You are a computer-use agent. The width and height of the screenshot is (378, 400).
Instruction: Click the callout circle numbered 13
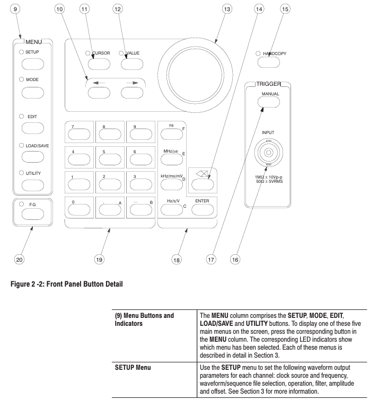tap(228, 10)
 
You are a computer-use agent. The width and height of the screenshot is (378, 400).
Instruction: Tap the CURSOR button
tap(99, 65)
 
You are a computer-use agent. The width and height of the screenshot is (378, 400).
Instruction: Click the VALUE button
tap(133, 65)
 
